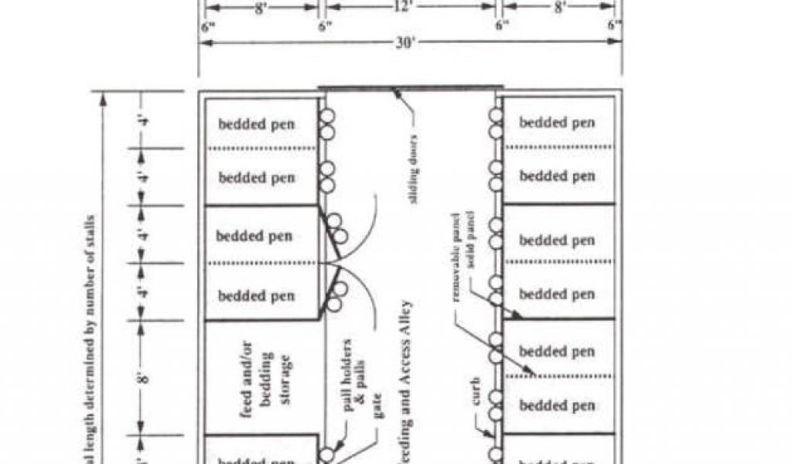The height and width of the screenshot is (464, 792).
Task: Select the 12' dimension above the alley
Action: [x=410, y=6]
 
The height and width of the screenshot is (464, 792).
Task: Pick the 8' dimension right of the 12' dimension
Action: [x=559, y=6]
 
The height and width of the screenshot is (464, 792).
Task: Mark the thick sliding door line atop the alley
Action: [x=410, y=87]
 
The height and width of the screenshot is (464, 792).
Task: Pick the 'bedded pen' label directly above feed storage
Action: [x=256, y=295]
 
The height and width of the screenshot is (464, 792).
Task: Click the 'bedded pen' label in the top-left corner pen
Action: [x=256, y=124]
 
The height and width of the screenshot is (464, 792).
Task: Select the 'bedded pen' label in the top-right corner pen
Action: [x=557, y=122]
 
